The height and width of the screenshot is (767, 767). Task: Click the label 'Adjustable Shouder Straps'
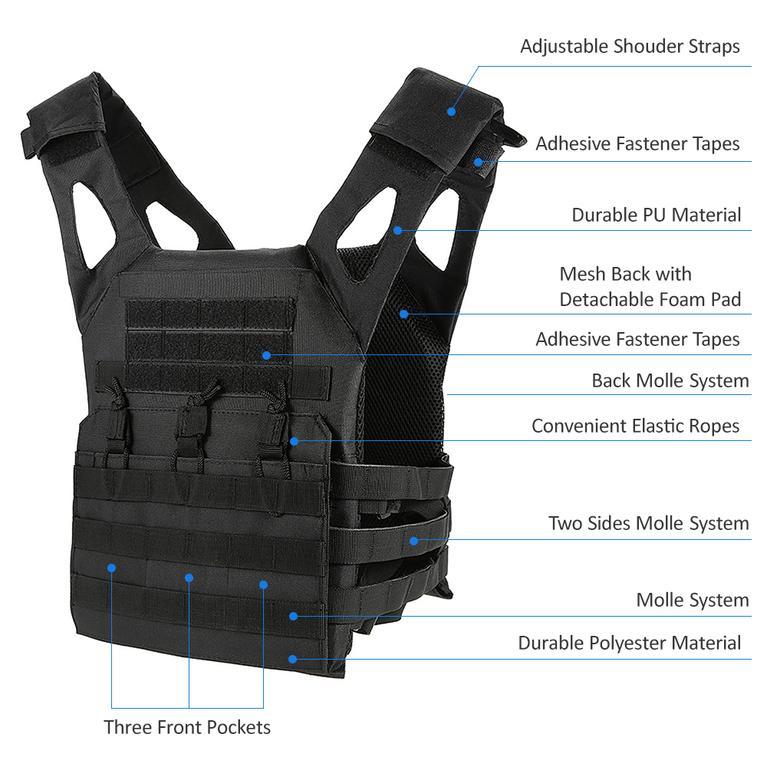(630, 47)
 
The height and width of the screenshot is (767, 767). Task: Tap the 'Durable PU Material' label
(657, 215)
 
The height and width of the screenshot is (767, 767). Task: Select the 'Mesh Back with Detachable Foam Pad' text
(650, 287)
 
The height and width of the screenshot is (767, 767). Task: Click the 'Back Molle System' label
(670, 380)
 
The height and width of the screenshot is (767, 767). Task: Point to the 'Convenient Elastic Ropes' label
(635, 426)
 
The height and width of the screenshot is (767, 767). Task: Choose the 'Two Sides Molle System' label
(649, 523)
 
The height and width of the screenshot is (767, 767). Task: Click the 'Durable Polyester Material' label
(630, 643)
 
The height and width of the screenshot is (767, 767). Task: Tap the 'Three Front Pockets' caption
(187, 727)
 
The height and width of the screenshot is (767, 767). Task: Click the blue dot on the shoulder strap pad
(452, 111)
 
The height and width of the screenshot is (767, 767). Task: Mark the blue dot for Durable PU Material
(397, 230)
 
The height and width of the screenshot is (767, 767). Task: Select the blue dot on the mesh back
(403, 314)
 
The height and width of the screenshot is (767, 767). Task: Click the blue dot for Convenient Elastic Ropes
(294, 441)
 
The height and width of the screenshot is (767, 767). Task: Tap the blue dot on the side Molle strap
(414, 541)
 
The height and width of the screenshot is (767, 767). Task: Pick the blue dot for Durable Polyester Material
(292, 660)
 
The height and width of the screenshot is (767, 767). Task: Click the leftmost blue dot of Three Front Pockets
(111, 568)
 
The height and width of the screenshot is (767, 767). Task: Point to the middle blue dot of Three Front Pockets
(189, 578)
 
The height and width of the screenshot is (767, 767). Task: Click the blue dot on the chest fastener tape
(266, 356)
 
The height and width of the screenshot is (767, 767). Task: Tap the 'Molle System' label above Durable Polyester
(693, 601)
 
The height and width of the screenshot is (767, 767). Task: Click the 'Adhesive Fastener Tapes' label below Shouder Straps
(637, 144)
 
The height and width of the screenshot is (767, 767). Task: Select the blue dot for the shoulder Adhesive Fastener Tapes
(479, 163)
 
